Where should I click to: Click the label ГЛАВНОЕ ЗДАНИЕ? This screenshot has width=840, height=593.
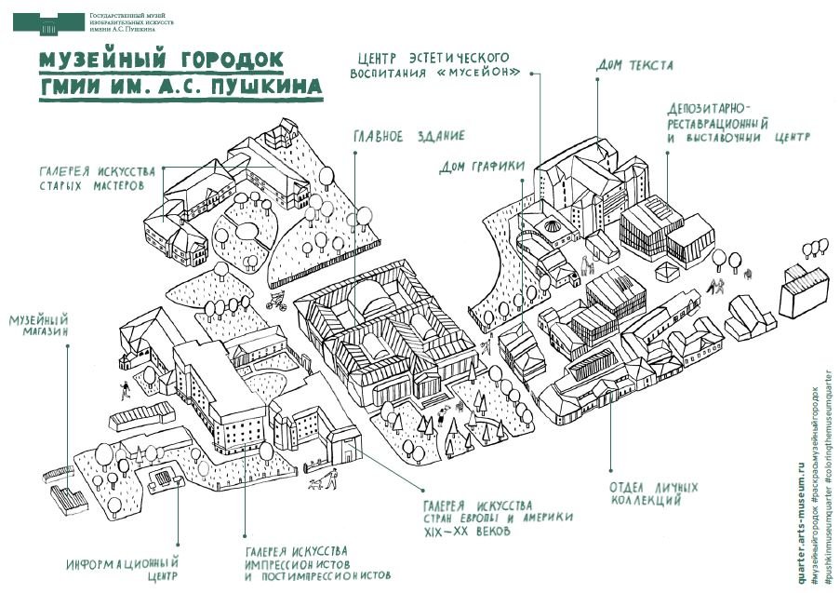click(x=408, y=137)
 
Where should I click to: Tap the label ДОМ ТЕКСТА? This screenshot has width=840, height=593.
click(x=633, y=66)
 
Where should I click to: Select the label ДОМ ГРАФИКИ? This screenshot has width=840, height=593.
click(x=482, y=168)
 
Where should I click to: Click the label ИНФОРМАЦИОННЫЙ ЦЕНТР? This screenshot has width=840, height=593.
click(x=122, y=570)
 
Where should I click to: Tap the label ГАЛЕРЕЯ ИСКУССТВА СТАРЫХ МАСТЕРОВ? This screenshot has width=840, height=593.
click(x=91, y=178)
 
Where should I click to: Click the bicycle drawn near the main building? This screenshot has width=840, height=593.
click(x=277, y=301)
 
